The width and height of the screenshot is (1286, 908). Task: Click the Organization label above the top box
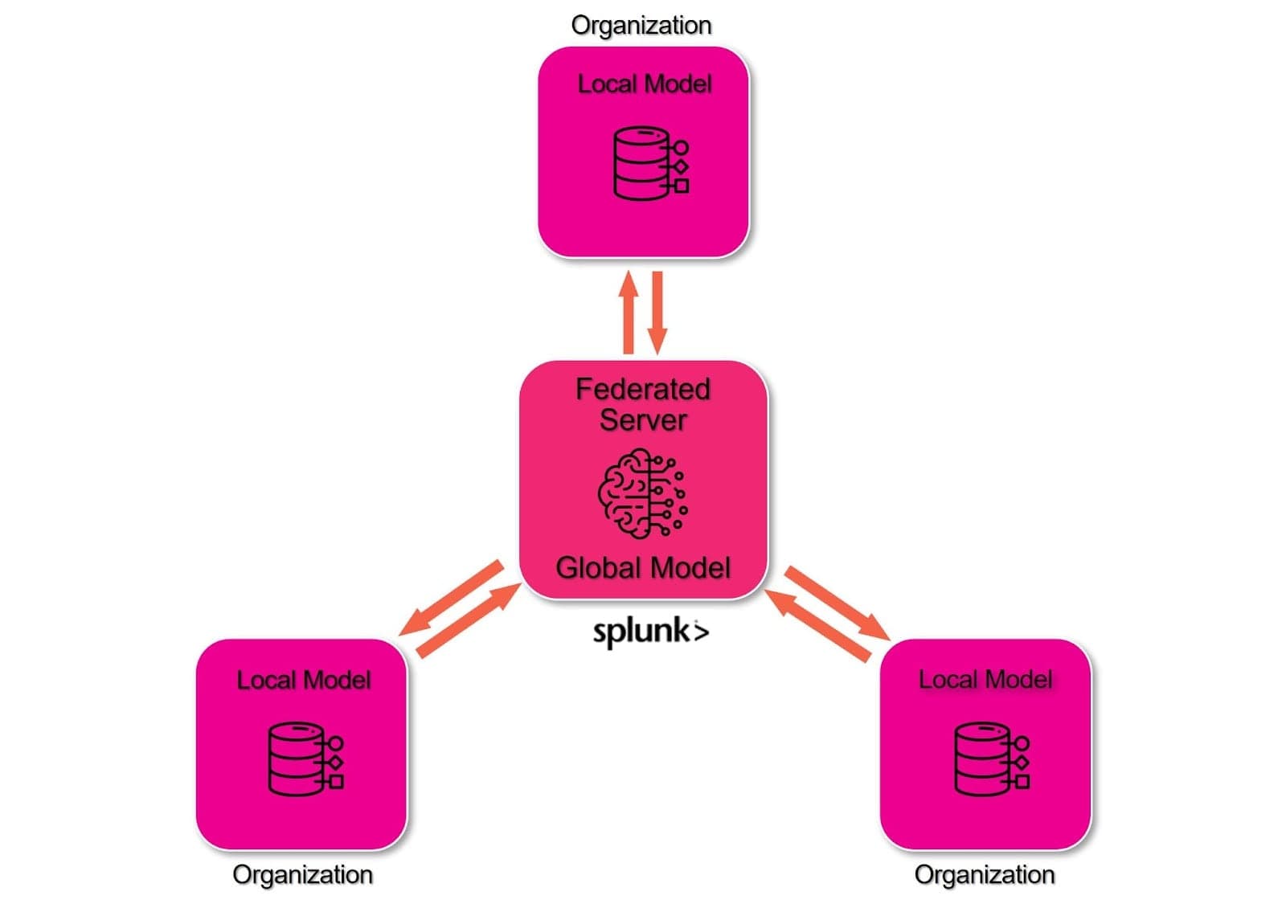coord(641,25)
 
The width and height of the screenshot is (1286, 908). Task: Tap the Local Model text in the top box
coord(645,84)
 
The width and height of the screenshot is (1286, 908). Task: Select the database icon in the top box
coord(649,163)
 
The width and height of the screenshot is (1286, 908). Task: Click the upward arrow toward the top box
coord(629,313)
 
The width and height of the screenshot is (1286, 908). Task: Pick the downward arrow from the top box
coord(657,313)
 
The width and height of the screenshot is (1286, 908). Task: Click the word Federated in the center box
coord(643,389)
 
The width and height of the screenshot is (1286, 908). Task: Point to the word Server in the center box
coord(643,420)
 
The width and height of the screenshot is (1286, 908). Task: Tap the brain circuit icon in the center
coord(642,493)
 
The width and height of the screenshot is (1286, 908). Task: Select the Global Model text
coord(643,568)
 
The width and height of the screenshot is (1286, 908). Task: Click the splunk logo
coord(650,632)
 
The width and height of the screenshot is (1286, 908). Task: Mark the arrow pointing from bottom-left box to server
coord(469,621)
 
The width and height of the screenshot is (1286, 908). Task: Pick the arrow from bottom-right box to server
coord(817,626)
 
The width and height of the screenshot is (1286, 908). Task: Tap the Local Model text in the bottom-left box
coord(304,680)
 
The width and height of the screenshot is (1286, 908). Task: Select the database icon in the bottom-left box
coord(305,759)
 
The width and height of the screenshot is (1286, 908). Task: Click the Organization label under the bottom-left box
coord(302,874)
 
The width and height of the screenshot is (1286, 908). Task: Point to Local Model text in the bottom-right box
coord(985,680)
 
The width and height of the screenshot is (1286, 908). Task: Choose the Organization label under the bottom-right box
coord(984,874)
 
